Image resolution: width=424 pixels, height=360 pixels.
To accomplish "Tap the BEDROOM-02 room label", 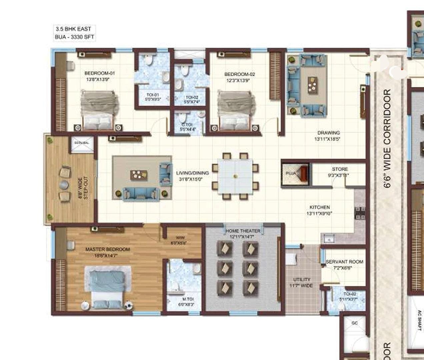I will point(239,74).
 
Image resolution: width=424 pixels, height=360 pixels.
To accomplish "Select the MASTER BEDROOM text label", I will point(107,249).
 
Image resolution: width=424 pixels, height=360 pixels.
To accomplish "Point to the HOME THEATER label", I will point(243,231).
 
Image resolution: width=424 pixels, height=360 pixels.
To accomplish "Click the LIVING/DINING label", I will point(192,173).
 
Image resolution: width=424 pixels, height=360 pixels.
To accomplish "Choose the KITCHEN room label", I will point(319,207).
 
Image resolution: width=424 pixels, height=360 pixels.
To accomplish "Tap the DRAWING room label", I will point(328,133).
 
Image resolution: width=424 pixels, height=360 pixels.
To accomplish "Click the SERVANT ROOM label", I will point(344,262).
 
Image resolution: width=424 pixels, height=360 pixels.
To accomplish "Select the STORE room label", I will point(340,169).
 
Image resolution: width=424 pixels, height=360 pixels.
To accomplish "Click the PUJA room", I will point(295,174).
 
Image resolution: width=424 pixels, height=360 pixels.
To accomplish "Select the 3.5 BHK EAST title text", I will point(73,29).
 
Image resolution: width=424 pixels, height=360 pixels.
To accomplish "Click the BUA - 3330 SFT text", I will point(74,37).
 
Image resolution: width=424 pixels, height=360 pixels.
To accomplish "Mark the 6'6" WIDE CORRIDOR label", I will point(387,138).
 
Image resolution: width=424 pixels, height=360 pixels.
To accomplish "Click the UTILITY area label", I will point(302,279).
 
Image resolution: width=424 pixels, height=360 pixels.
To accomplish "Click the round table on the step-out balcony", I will point(63,185).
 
